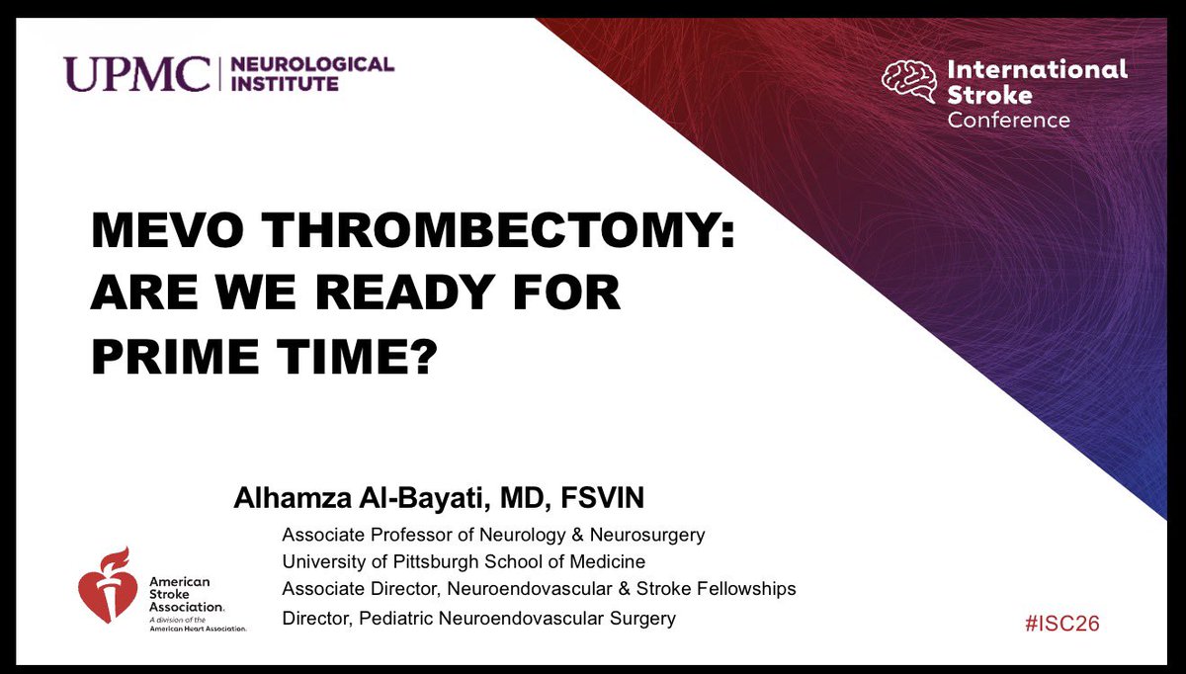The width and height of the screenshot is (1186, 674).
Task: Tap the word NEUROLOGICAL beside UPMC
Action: pos(311,65)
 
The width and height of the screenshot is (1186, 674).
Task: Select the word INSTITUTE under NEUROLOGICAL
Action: pos(284,85)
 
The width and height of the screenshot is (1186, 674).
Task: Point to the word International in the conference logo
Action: pos(1037,69)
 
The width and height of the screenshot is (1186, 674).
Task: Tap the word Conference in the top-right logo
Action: pos(1008,120)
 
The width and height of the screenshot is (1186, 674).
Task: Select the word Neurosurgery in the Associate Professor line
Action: pos(648,535)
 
